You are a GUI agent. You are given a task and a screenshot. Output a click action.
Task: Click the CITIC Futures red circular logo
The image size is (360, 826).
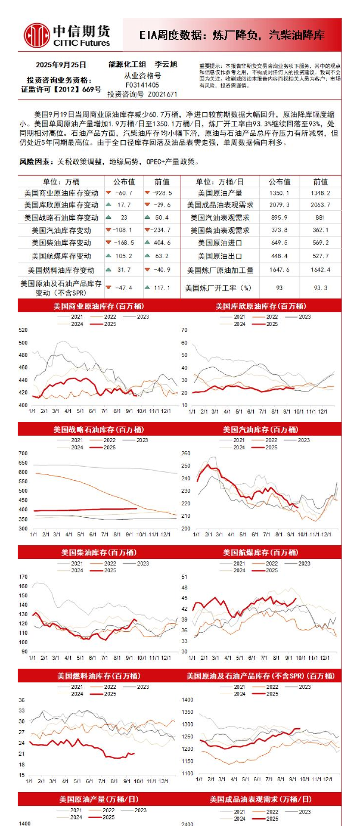[36, 35]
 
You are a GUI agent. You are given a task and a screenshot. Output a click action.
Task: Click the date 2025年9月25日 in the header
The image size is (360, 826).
[61, 64]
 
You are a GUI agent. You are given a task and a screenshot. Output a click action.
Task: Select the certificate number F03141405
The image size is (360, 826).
[142, 85]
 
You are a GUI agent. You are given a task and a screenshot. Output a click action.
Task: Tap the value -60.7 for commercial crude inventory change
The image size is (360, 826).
[123, 193]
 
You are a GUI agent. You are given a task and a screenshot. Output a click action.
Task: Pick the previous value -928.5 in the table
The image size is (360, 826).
[162, 193]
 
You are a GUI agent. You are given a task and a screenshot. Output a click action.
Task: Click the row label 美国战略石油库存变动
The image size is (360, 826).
[61, 217]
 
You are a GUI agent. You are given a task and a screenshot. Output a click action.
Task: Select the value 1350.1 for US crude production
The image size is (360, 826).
[279, 193]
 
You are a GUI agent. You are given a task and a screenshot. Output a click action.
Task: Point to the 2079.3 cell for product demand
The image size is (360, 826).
[279, 205]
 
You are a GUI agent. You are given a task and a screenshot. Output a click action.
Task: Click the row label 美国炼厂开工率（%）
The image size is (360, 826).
[218, 288]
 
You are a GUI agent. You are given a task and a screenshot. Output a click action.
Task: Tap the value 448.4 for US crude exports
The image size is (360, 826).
[279, 256]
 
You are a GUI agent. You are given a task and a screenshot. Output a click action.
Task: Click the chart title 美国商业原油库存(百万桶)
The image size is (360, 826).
[99, 306]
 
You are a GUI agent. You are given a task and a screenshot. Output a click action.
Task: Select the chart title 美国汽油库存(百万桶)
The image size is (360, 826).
[261, 430]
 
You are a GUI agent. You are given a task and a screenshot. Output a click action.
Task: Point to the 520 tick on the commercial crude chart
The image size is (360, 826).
[23, 330]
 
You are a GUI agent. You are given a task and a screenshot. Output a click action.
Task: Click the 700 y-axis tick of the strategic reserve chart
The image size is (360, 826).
[23, 453]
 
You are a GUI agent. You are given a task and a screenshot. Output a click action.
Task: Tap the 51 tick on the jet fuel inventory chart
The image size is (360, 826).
[184, 577]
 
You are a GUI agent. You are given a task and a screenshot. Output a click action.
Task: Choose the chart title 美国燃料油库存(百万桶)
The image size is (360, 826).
[99, 676]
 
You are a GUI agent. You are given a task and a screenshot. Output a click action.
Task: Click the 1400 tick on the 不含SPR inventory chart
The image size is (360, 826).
[187, 700]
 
